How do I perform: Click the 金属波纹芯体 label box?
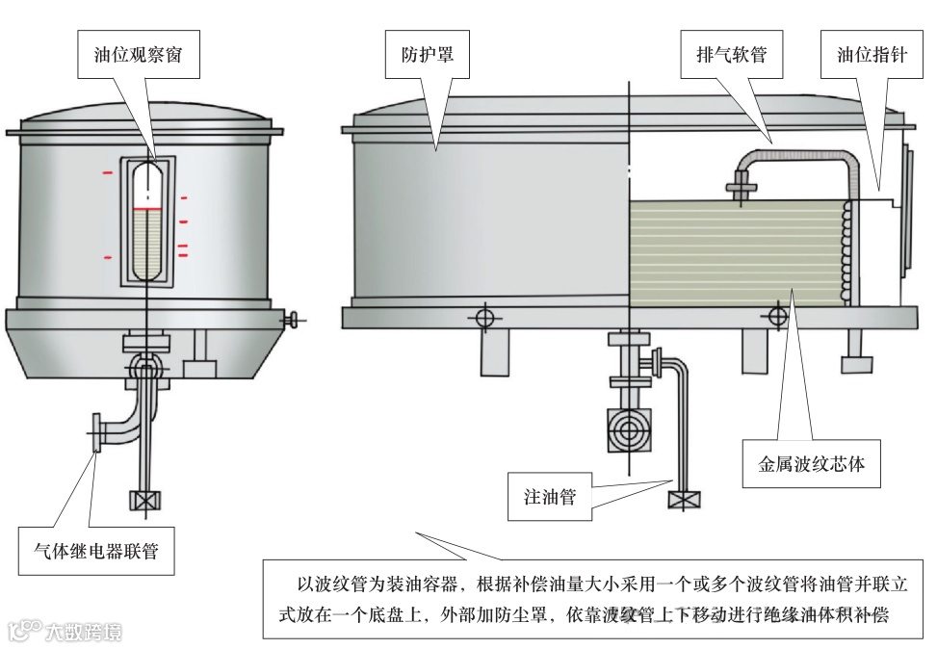[x=811, y=464]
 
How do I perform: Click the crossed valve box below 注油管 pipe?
[x=684, y=499]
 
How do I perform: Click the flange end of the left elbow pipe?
[x=95, y=432]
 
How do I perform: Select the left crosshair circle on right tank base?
[x=484, y=317]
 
